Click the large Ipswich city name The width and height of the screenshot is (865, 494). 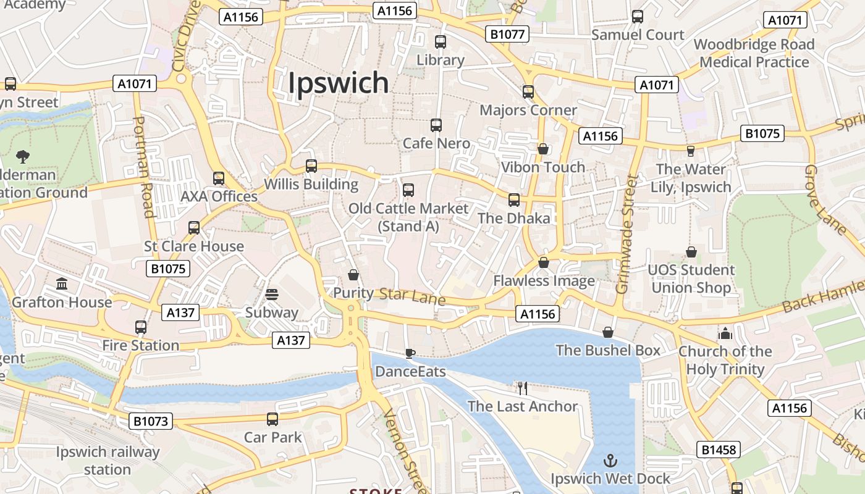coord(339,83)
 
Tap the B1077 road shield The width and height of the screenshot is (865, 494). coord(507,34)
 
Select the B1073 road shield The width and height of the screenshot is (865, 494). coord(151,421)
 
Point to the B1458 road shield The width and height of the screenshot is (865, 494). coord(719,449)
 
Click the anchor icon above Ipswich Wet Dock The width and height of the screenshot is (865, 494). coord(610,461)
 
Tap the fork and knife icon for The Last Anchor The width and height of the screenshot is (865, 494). coord(523,388)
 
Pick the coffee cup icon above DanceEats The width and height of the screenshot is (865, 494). coord(410,353)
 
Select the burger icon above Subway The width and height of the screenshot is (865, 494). coord(272,295)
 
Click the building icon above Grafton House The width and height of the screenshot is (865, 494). coord(62,284)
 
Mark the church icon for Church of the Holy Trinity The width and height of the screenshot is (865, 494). coord(725,333)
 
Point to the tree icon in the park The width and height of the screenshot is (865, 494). coord(23,156)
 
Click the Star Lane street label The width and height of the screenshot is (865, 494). coord(412,296)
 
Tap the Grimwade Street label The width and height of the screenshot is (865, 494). coord(627,234)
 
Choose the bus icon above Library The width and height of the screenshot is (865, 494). coord(441,42)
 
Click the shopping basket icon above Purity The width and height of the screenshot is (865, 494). coord(353,274)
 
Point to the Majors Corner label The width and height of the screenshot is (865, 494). coord(528,111)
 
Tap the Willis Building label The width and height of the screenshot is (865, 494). coord(311,184)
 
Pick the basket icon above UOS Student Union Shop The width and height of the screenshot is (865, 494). coord(691,252)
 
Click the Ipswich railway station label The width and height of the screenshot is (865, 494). coord(108,461)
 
